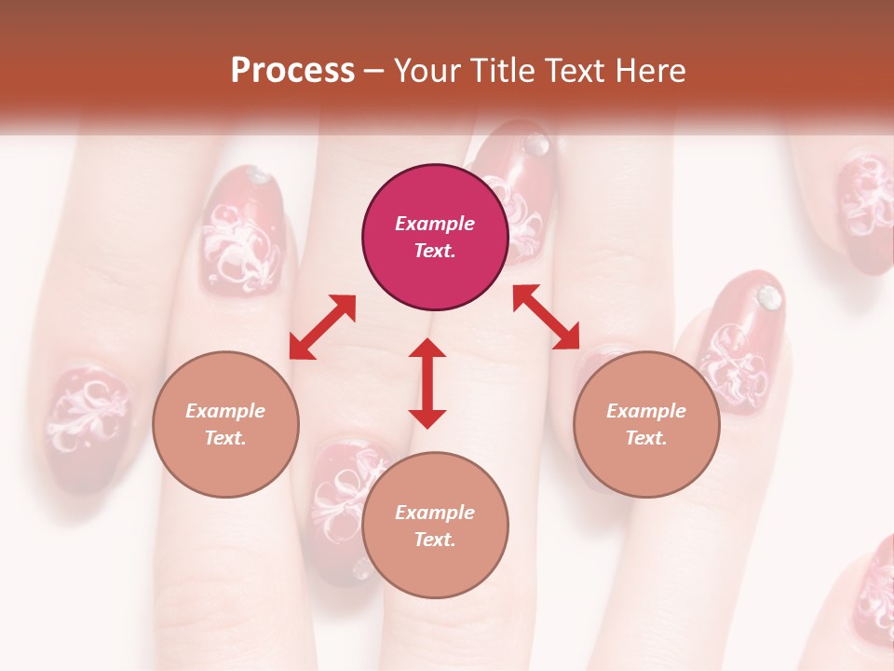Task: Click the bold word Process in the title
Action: pos(292,71)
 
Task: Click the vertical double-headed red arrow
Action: pos(427,383)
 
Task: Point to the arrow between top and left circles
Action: pos(322,327)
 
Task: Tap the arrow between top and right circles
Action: pos(546,317)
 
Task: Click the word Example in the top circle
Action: pos(435,224)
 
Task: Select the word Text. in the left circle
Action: pos(225,438)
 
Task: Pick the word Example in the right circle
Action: pos(646,411)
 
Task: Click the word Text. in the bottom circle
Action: pos(435,540)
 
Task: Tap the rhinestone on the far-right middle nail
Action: pos(768,297)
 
